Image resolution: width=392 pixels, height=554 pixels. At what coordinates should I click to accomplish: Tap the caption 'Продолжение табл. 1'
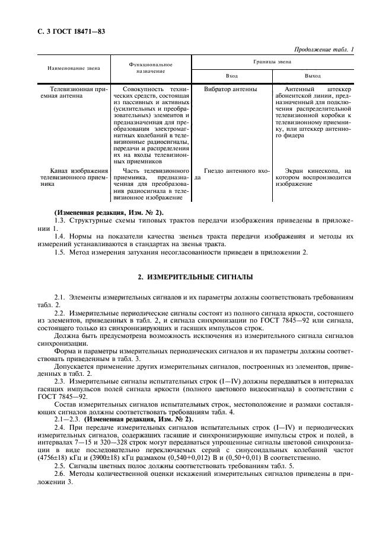[321, 50]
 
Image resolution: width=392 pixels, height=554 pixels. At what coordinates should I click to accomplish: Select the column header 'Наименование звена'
[69, 67]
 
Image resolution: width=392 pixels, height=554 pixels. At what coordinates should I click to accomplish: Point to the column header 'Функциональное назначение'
[151, 67]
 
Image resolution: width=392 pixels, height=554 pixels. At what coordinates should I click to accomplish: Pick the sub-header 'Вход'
[232, 76]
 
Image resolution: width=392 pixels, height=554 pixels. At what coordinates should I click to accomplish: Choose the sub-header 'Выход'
[313, 76]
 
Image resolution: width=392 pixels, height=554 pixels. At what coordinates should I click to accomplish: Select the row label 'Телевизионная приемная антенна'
[70, 93]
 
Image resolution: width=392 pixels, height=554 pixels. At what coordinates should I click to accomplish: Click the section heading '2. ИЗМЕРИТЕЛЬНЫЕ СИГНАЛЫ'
[196, 276]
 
